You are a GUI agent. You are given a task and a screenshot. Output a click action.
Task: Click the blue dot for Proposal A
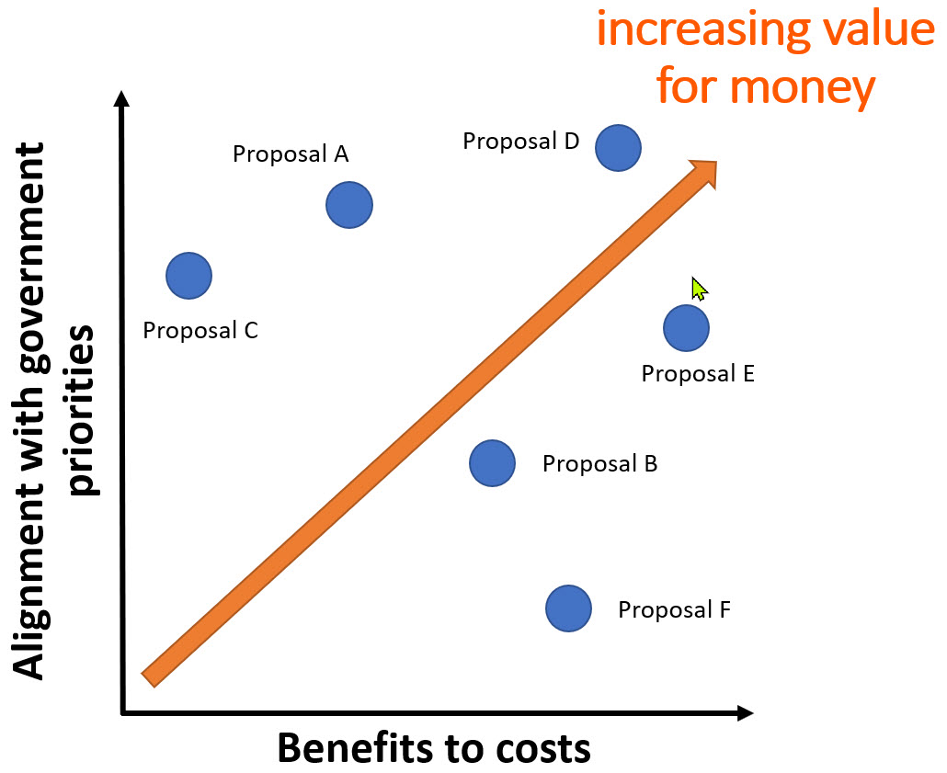[349, 205]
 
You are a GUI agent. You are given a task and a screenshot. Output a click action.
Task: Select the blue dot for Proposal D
[618, 147]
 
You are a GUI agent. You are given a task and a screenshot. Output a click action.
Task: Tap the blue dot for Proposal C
[189, 275]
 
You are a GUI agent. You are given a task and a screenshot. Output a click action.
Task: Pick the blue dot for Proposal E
[686, 328]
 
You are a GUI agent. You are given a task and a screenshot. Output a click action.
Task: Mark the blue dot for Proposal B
[492, 462]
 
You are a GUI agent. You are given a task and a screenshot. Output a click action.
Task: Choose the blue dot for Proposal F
[568, 608]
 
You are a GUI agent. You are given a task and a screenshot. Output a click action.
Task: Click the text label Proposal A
[291, 153]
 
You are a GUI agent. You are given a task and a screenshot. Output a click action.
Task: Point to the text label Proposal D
[520, 142]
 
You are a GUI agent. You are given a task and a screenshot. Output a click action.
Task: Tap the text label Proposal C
[200, 330]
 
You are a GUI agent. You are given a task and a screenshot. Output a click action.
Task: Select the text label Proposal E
[698, 374]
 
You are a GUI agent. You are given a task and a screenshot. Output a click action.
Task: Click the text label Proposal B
[599, 463]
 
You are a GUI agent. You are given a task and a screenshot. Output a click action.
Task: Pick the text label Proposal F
[674, 609]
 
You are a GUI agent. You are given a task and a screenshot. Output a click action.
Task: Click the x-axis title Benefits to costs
[434, 748]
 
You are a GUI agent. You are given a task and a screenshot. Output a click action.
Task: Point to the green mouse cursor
[698, 288]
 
